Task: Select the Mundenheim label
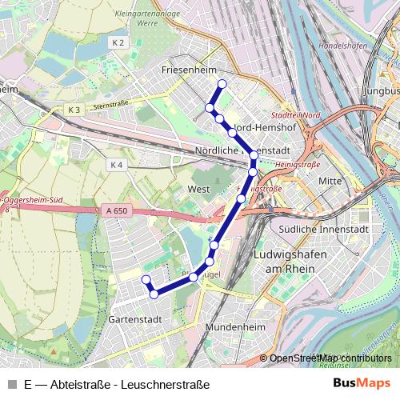click(x=235, y=328)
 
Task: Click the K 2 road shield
click(x=119, y=42)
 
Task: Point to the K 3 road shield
click(x=74, y=108)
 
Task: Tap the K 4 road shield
click(x=117, y=165)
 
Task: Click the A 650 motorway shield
click(x=114, y=210)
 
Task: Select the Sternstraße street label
click(x=110, y=105)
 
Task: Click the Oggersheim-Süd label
click(x=33, y=199)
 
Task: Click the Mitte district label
click(x=330, y=181)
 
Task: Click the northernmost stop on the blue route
click(x=222, y=84)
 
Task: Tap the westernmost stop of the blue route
click(x=146, y=279)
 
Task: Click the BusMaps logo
click(x=362, y=382)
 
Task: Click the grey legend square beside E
click(x=11, y=384)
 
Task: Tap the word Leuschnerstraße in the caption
click(x=165, y=384)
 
